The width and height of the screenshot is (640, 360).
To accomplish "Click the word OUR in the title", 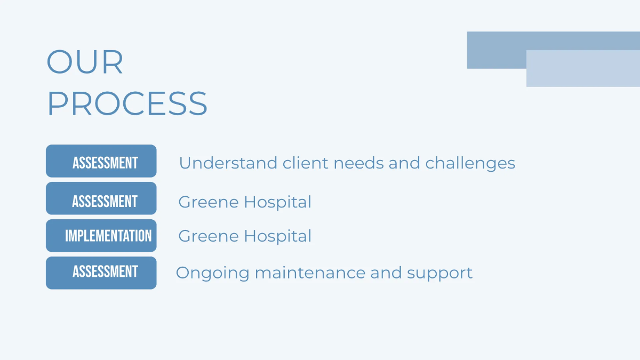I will pyautogui.click(x=85, y=62).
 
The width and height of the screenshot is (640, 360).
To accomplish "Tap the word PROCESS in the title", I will pyautogui.click(x=127, y=103).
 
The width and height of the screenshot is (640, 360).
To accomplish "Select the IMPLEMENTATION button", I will pyautogui.click(x=101, y=236).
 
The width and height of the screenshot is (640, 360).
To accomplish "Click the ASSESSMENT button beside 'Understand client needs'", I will pyautogui.click(x=101, y=161).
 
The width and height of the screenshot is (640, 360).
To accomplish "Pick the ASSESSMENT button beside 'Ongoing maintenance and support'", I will pyautogui.click(x=101, y=273).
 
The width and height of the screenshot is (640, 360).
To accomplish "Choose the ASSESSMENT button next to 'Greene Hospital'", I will pyautogui.click(x=101, y=198).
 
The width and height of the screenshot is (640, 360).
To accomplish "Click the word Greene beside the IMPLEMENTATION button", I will pyautogui.click(x=208, y=236).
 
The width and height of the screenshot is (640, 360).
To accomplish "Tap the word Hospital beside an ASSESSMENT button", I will pyautogui.click(x=277, y=202).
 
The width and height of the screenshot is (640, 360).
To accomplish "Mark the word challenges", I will pyautogui.click(x=470, y=163).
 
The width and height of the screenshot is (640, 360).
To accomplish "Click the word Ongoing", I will pyautogui.click(x=212, y=273).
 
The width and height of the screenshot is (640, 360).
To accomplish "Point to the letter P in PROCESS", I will pyautogui.click(x=57, y=103).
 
